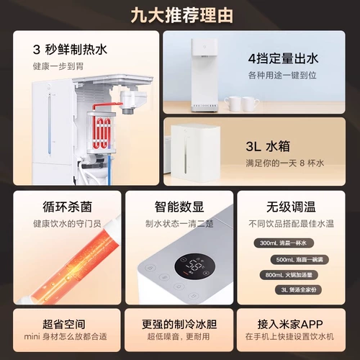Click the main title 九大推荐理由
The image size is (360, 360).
179,14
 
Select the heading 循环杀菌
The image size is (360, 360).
61,206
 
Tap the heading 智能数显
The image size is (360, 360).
179,206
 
